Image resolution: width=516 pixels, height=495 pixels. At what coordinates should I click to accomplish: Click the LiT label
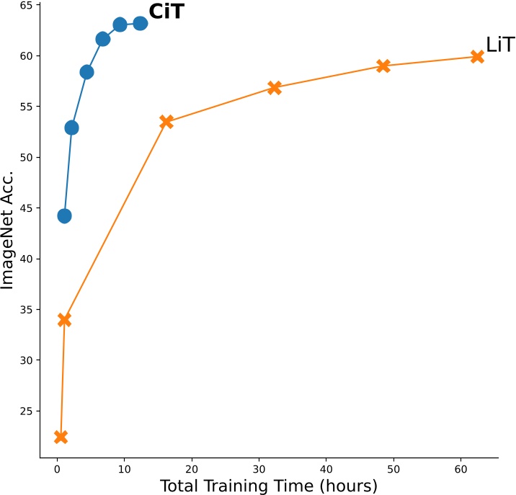500,45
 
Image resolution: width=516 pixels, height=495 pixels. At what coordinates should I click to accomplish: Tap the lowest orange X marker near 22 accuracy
61,437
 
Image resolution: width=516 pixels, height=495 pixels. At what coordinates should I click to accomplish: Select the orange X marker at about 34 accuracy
64,320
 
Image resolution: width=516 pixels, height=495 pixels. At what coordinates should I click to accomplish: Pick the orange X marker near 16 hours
166,122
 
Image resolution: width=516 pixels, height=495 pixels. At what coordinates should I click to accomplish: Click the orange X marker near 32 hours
275,88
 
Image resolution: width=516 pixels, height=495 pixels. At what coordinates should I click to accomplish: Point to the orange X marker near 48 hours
383,66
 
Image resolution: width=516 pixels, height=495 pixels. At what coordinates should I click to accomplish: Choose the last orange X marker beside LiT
477,56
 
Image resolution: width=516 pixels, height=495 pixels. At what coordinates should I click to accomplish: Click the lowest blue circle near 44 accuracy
64,216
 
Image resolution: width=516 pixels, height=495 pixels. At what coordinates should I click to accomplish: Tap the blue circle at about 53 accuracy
71,128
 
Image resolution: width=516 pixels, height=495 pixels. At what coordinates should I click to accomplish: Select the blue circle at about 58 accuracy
86,72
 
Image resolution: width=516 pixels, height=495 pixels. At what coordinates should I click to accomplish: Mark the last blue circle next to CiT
141,24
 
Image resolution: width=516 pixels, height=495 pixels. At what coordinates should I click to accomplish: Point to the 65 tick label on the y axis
25,5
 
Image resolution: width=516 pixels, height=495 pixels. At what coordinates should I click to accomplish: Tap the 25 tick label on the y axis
25,411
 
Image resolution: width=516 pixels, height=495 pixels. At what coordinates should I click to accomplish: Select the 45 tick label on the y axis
25,208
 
